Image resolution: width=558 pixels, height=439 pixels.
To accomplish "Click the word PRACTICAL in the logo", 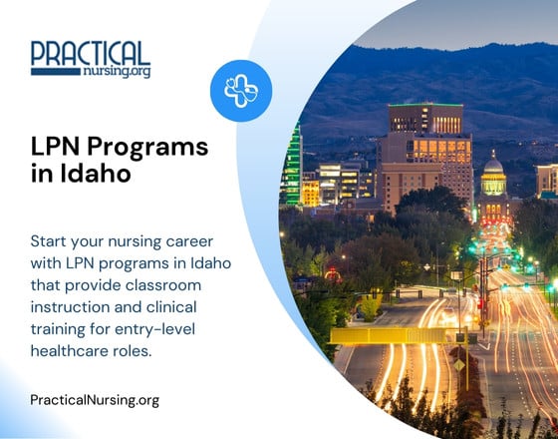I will point(90,53).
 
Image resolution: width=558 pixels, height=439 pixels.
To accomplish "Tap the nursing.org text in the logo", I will point(119,72).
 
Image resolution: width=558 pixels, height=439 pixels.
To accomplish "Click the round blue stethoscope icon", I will point(240,92).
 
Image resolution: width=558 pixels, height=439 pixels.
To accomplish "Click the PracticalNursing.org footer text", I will point(95,400).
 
